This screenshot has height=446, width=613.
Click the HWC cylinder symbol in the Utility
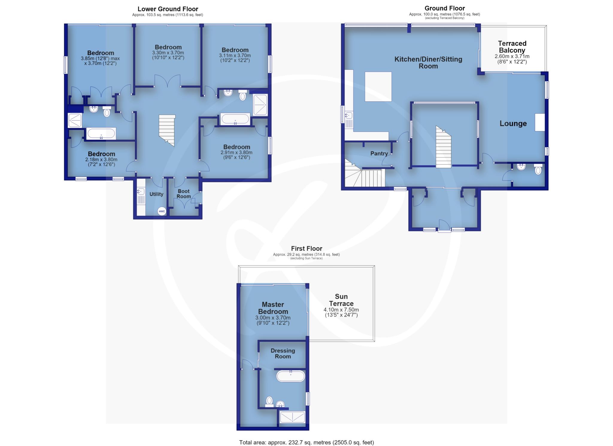[x=162, y=211]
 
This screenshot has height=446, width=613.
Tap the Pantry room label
[x=379, y=154]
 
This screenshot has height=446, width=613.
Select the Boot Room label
[x=183, y=194]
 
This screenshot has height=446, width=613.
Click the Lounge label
[x=513, y=123]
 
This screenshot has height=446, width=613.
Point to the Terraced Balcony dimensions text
[x=512, y=59]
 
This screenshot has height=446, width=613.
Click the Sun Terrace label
[x=341, y=300]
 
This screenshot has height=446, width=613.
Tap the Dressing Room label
[x=283, y=353]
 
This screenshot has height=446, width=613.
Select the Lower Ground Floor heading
[x=168, y=9]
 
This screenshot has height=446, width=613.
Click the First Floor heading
[x=306, y=249]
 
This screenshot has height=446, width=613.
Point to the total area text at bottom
[x=306, y=442]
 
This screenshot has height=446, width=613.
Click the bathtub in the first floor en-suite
[x=291, y=376]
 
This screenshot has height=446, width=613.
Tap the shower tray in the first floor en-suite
[x=292, y=417]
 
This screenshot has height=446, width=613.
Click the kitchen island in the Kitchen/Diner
[x=378, y=86]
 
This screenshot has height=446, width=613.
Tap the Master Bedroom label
[x=273, y=308]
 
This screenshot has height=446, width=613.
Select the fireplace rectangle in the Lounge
[x=540, y=122]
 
